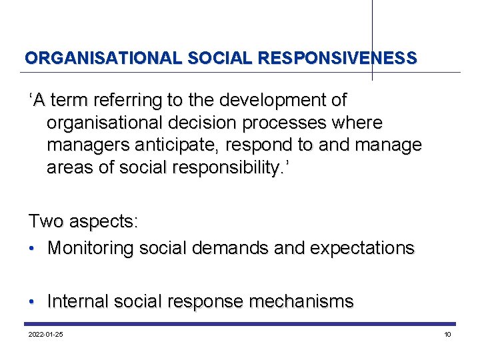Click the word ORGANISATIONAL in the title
pyautogui.click(x=103, y=58)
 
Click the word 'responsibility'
pyautogui.click(x=224, y=167)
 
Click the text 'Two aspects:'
pyautogui.click(x=83, y=221)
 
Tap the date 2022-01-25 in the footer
pyautogui.click(x=46, y=334)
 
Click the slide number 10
pyautogui.click(x=447, y=334)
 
